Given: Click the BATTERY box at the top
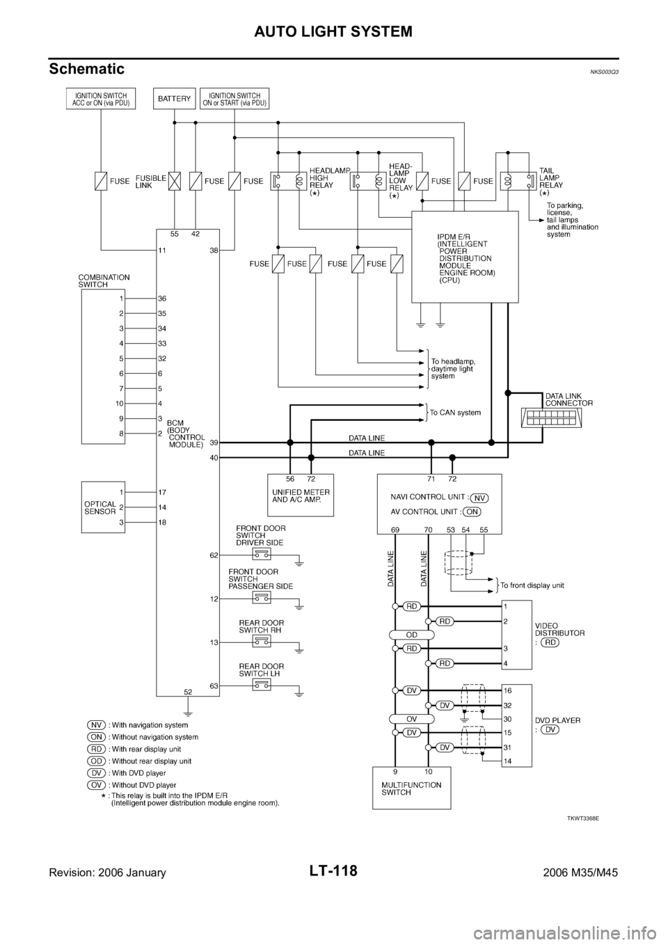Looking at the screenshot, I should click(x=174, y=99).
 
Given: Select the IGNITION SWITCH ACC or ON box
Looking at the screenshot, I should click(x=101, y=99).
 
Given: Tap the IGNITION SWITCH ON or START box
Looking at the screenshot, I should click(x=235, y=99).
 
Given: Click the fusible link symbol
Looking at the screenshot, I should click(x=175, y=182).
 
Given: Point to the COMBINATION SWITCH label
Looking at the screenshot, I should click(x=104, y=280).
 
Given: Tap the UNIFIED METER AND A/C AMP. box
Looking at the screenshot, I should click(x=301, y=495).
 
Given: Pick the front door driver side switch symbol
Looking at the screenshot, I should click(x=262, y=554).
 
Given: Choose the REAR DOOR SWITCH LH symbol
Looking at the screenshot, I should click(x=262, y=685).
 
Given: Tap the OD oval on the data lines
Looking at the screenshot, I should click(x=411, y=635).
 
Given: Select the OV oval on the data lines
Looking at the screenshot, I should click(x=411, y=718).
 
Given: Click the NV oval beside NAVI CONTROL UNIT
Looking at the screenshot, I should click(x=480, y=498).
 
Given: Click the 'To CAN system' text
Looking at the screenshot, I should click(x=456, y=412).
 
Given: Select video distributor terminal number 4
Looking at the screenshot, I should click(x=506, y=663).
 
